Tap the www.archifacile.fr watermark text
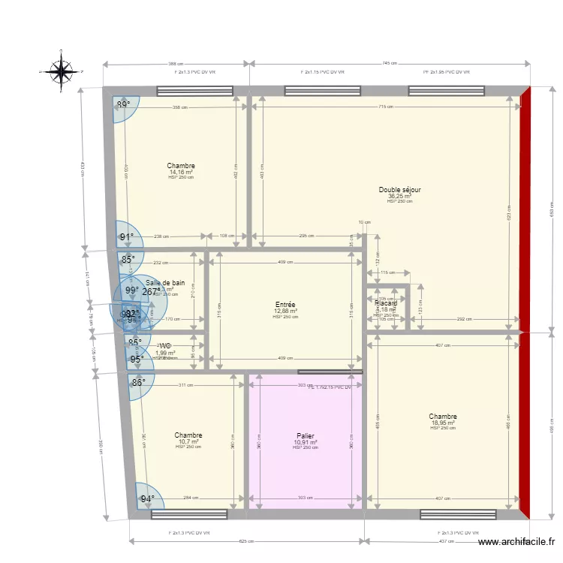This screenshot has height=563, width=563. click(x=517, y=542)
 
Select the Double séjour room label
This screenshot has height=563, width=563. click(x=399, y=190)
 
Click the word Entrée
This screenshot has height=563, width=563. click(x=285, y=305)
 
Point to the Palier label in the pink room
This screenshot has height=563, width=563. click(x=305, y=435)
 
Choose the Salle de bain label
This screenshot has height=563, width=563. click(x=165, y=283)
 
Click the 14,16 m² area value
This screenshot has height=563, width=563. click(x=181, y=172)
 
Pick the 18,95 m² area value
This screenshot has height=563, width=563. click(x=443, y=423)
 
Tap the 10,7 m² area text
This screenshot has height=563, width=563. click(x=188, y=441)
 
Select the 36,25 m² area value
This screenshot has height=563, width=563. click(x=399, y=196)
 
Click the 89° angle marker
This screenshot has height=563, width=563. click(x=124, y=105)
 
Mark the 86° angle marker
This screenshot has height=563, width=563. click(x=138, y=382)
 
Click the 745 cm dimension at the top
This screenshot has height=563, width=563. click(x=390, y=64)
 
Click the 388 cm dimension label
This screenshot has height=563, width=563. click(x=176, y=64)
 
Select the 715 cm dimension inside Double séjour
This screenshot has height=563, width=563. click(x=384, y=107)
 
